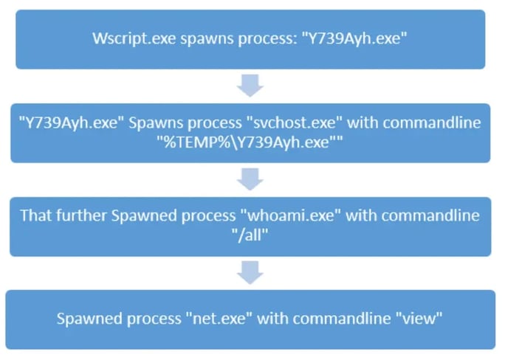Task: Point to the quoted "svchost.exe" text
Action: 288,123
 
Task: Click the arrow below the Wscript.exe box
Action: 252,87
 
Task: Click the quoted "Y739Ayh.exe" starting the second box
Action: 67,123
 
